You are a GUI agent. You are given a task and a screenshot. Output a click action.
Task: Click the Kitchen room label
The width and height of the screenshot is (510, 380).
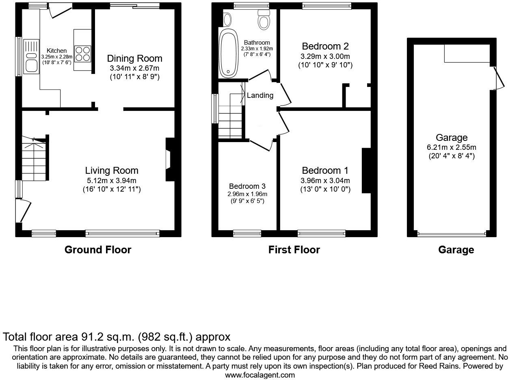coord(56,51)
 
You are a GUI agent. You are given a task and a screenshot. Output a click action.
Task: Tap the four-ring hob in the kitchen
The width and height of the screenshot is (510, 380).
coord(83,53)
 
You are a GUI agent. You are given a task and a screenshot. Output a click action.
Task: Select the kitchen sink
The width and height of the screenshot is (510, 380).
coord(31,56)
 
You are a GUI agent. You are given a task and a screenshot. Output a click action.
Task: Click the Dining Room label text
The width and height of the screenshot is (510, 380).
coord(134,58)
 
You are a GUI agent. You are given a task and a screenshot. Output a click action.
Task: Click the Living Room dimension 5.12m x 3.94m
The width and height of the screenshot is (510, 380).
coord(112,181)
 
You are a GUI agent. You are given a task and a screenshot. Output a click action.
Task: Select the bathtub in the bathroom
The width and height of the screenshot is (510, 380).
coord(229,53)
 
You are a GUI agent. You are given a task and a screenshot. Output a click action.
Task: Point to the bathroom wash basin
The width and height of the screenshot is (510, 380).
coord(227,19)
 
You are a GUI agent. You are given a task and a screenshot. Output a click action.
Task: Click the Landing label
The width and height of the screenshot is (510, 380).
coord(260,95)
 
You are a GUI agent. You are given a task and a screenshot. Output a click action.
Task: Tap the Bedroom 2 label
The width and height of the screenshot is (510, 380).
coord(325,46)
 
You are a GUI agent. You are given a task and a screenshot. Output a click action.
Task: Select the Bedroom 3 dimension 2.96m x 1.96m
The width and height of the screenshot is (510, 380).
coord(247,194)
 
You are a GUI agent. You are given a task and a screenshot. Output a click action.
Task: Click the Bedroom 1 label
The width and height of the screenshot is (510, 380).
coord(325,171)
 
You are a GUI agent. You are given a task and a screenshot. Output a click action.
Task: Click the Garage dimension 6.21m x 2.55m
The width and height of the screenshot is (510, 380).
coord(452,147)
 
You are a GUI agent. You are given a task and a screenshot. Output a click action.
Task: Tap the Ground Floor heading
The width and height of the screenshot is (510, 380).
coord(98,250)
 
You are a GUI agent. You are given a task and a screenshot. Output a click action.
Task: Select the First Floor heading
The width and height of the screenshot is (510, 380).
coord(294,250)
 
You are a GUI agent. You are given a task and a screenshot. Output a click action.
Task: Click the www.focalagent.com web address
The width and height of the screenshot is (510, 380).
coord(260,375)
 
